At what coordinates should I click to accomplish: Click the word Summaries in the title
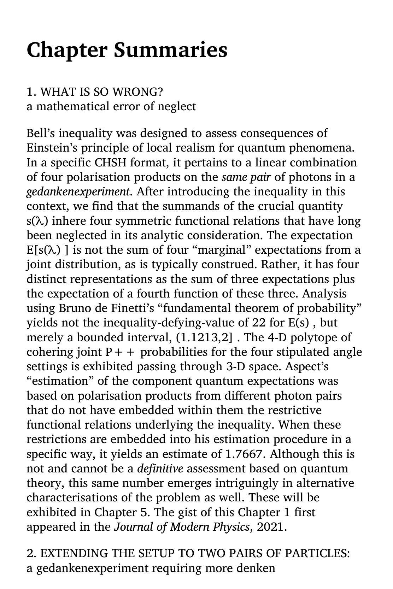point(170,50)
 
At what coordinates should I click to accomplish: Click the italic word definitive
point(160,469)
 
